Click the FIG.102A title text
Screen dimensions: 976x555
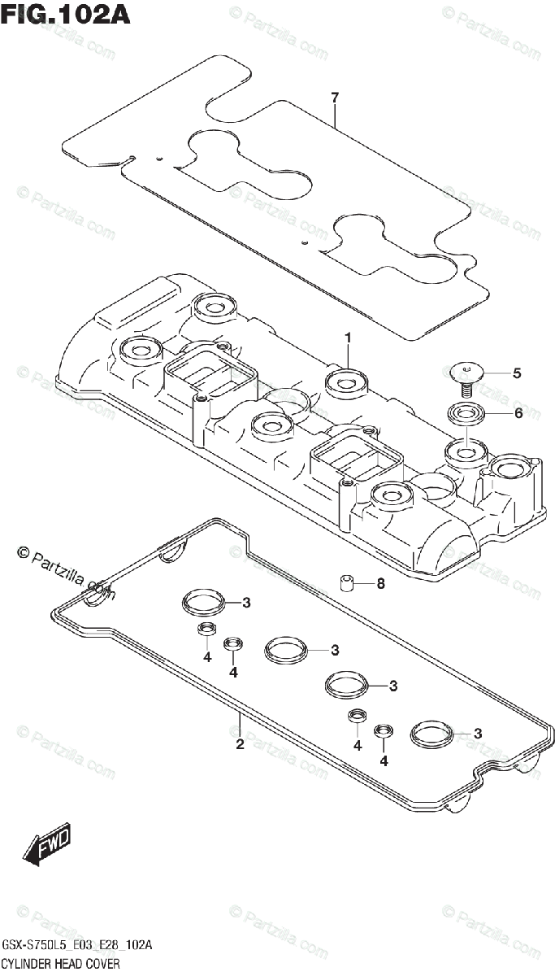[x=65, y=15]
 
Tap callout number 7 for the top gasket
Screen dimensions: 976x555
[x=334, y=98]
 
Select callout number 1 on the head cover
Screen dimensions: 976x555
[x=347, y=337]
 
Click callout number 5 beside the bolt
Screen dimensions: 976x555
[x=517, y=373]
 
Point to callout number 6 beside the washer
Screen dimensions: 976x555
[x=517, y=413]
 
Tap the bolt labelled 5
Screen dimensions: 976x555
[x=466, y=376]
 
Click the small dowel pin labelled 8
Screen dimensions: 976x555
[x=346, y=583]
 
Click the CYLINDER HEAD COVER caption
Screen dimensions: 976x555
[x=61, y=963]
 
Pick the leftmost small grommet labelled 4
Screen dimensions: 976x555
[x=206, y=631]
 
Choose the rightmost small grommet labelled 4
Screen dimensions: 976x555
[x=383, y=730]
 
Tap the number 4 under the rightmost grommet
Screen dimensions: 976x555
[x=384, y=761]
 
